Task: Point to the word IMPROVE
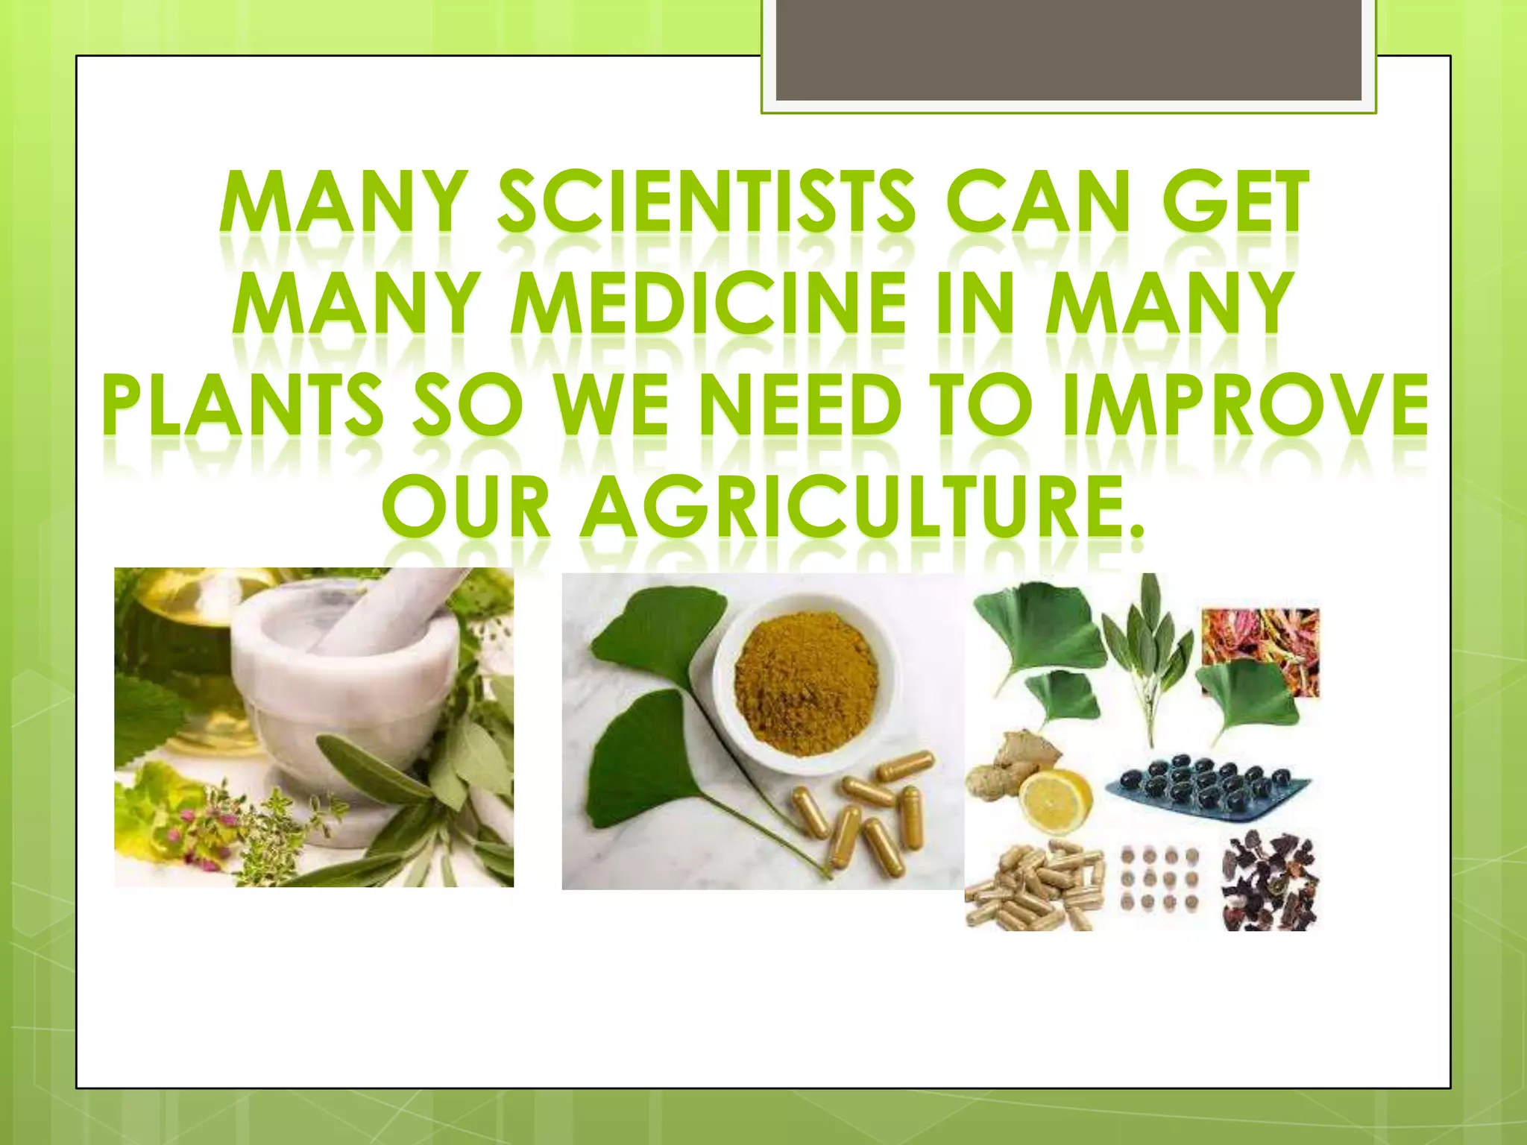click(x=1245, y=406)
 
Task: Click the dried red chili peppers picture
click(x=1260, y=652)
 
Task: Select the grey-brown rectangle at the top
click(x=1068, y=51)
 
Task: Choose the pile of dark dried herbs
click(x=1268, y=883)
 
